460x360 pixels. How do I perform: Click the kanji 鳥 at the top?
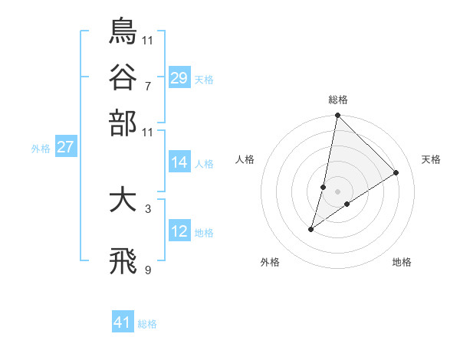pyautogui.click(x=123, y=31)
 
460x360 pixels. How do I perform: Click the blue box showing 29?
pyautogui.click(x=179, y=77)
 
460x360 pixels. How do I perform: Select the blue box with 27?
pyautogui.click(x=65, y=147)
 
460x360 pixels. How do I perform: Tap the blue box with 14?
pyautogui.click(x=179, y=162)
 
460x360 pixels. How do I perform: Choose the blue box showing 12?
pyautogui.click(x=179, y=231)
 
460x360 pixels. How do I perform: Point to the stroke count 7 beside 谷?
pyautogui.click(x=147, y=86)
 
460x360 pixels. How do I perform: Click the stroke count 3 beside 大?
pyautogui.click(x=147, y=208)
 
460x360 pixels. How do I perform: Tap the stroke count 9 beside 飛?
pyautogui.click(x=147, y=270)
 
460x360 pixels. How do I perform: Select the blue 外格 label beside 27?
pyautogui.click(x=41, y=149)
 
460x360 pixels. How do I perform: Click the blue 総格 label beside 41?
pyautogui.click(x=147, y=324)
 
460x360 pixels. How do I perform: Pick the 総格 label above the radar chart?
pyautogui.click(x=338, y=100)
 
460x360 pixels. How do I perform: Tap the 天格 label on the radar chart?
pyautogui.click(x=431, y=159)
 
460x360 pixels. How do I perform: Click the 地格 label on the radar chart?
pyautogui.click(x=402, y=262)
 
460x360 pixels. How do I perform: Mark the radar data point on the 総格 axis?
pyautogui.click(x=337, y=116)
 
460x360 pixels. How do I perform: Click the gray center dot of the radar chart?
pyautogui.click(x=337, y=191)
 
